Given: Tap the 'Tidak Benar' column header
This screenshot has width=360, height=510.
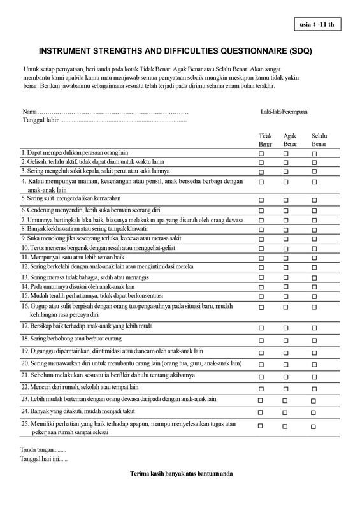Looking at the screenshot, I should (x=265, y=140).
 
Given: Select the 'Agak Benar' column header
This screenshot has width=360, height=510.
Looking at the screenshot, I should (x=290, y=140).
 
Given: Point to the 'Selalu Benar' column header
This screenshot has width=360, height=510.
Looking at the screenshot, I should (x=319, y=140).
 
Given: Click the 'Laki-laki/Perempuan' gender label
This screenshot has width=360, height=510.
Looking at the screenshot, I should (x=284, y=112).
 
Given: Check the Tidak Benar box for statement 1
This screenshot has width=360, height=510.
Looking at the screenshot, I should (x=261, y=154).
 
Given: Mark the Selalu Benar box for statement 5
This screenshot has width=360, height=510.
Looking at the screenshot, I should (x=314, y=200).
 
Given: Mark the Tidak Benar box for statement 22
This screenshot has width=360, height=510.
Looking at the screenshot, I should (x=261, y=388).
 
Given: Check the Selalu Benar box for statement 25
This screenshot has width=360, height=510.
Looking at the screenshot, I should (x=314, y=425).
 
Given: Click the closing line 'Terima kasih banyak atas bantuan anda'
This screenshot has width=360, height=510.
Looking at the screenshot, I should (x=180, y=474).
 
